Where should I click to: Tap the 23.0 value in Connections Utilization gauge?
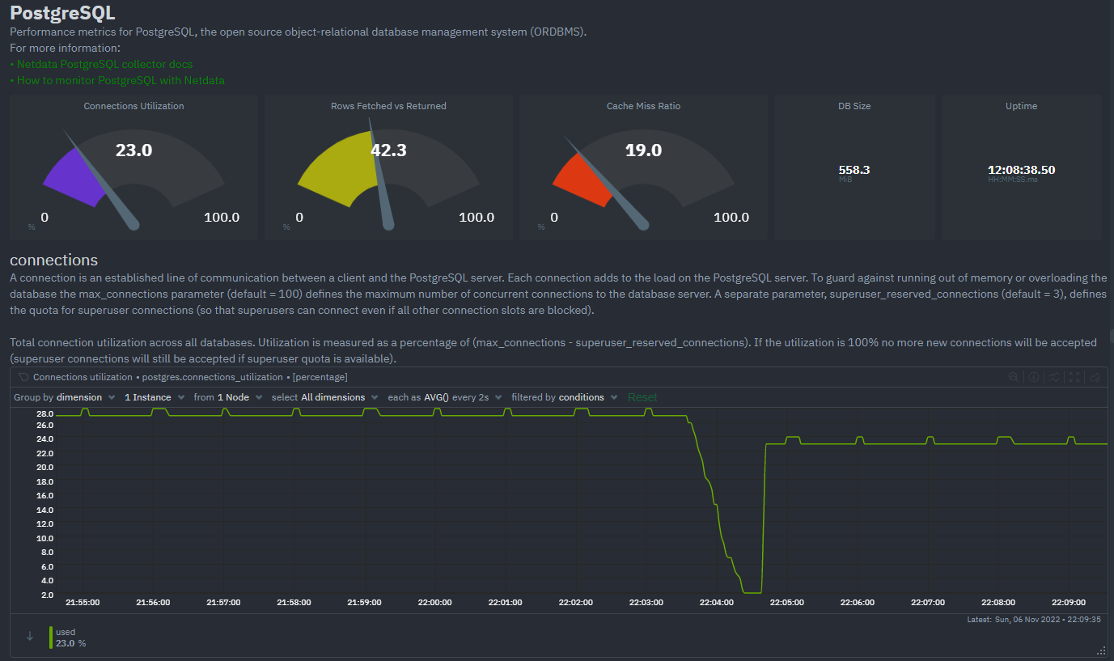click(133, 150)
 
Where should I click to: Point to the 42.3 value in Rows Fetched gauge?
click(388, 150)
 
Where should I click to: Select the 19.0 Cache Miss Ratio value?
click(643, 150)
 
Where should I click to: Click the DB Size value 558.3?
click(854, 170)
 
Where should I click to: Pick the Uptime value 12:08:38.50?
click(1021, 170)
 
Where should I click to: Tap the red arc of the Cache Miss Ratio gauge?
click(581, 180)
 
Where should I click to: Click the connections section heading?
click(53, 260)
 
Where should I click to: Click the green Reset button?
click(642, 397)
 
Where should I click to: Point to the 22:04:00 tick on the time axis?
click(716, 602)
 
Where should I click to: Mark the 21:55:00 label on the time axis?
click(83, 602)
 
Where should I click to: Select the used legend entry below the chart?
click(66, 632)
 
